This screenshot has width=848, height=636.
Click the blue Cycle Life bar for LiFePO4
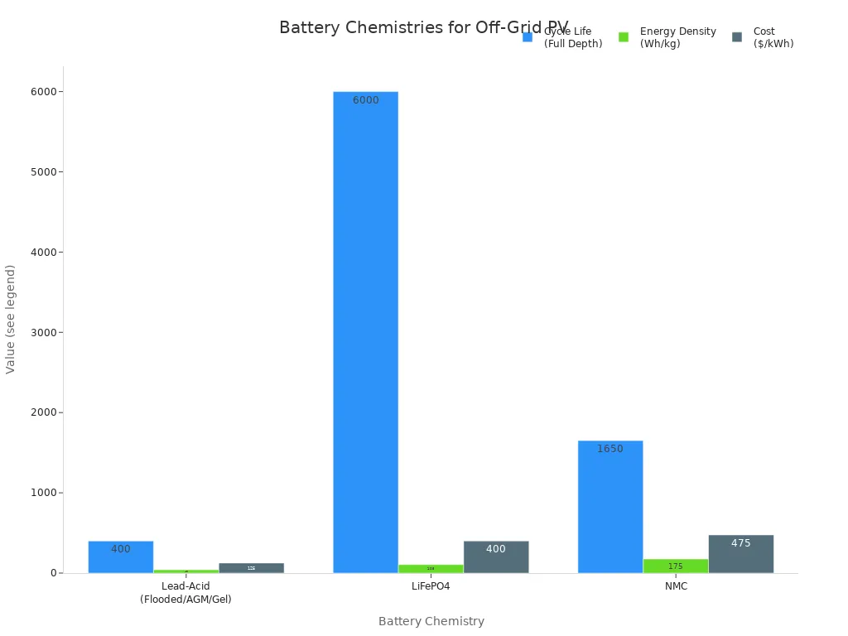click(365, 331)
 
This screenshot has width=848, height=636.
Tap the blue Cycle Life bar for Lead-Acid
click(121, 556)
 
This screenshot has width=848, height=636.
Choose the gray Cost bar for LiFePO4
click(496, 556)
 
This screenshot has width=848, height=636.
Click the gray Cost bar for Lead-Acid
click(251, 568)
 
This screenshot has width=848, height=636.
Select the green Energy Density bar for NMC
click(676, 566)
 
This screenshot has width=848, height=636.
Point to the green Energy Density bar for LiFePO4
click(431, 569)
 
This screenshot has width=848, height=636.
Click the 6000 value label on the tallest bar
click(365, 101)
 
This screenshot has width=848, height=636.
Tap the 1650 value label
click(610, 450)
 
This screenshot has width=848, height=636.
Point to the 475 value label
click(740, 544)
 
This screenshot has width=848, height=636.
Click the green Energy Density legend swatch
click(624, 37)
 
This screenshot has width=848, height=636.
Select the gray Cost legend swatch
click(737, 37)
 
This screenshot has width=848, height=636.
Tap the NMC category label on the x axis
click(676, 586)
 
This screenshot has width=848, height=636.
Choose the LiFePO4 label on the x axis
click(431, 586)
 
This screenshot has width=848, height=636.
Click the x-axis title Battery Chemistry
click(431, 621)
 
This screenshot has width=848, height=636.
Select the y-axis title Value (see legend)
click(11, 319)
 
